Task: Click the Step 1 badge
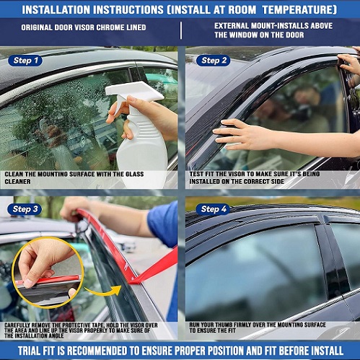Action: (25, 61)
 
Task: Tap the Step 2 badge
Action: (214, 61)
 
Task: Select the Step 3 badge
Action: (25, 209)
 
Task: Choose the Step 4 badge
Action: (213, 209)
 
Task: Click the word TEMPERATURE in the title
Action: (299, 10)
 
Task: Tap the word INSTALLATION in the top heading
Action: (56, 10)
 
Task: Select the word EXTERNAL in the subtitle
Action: (231, 26)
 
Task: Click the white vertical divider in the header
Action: (181, 30)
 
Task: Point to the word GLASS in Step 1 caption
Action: (134, 174)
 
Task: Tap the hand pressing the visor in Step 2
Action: (243, 135)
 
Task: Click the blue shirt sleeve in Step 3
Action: (163, 225)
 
